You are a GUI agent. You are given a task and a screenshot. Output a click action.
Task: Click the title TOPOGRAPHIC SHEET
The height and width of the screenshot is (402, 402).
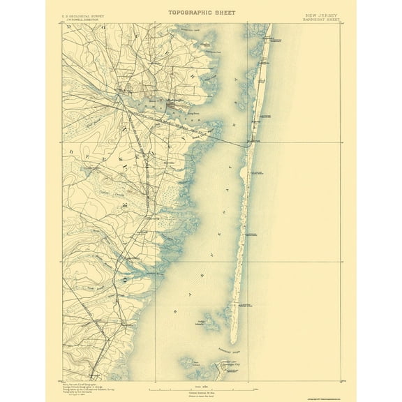click(x=201, y=13)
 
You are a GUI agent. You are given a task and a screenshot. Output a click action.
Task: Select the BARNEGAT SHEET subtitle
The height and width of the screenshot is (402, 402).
click(x=322, y=19)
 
